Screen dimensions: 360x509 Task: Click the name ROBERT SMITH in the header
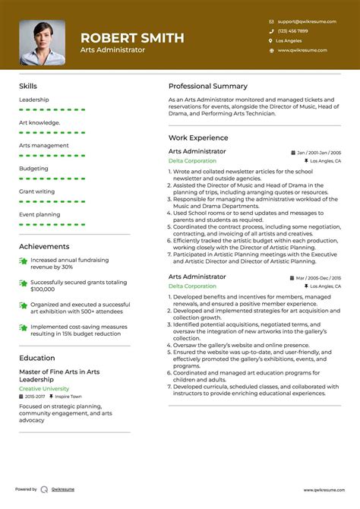[131, 37]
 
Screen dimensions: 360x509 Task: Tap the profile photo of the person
[43, 42]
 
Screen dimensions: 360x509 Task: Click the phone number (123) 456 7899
[292, 31]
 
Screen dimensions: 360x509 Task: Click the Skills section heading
[28, 86]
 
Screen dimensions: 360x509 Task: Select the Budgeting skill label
[33, 169]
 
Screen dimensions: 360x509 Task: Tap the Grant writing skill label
[36, 191]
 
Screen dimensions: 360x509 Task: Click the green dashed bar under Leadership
[52, 109]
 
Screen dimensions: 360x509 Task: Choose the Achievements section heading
[44, 246]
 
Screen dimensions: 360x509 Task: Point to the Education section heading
[37, 358]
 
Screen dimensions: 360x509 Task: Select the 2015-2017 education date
[35, 397]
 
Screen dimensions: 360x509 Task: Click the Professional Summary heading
[208, 86]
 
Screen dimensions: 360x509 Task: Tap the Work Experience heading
[198, 138]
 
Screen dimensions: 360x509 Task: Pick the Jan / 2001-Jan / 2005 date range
[319, 153]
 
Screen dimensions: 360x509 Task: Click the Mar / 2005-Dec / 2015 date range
[319, 279]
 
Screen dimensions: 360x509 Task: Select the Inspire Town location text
[68, 397]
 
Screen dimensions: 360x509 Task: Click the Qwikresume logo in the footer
[44, 490]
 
